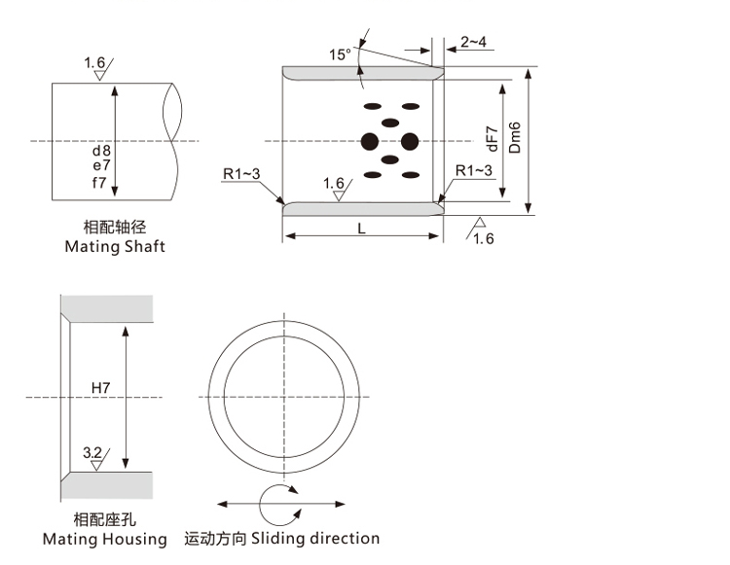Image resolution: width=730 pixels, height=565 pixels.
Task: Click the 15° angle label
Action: (339, 55)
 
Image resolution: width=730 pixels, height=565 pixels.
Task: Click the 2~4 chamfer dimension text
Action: (474, 42)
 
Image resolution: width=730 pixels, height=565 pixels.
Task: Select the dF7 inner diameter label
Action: (492, 139)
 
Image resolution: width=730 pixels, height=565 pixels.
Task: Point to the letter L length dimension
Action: (362, 229)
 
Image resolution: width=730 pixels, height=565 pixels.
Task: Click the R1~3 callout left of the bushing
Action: (241, 174)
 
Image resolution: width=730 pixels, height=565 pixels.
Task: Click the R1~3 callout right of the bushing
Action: (475, 171)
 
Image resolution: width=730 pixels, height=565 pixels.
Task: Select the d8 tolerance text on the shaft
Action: (102, 152)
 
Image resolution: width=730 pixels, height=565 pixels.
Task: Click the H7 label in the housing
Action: (101, 388)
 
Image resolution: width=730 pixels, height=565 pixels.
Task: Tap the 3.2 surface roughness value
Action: (93, 453)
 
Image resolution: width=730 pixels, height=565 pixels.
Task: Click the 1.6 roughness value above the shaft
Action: (94, 63)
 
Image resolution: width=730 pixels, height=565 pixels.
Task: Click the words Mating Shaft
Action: (115, 247)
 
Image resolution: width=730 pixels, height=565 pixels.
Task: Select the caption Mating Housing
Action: (105, 539)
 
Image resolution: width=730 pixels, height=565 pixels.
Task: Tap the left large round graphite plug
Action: (370, 142)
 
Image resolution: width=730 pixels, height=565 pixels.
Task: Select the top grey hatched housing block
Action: (107, 307)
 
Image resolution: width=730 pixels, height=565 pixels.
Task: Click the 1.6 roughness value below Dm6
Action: (484, 239)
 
